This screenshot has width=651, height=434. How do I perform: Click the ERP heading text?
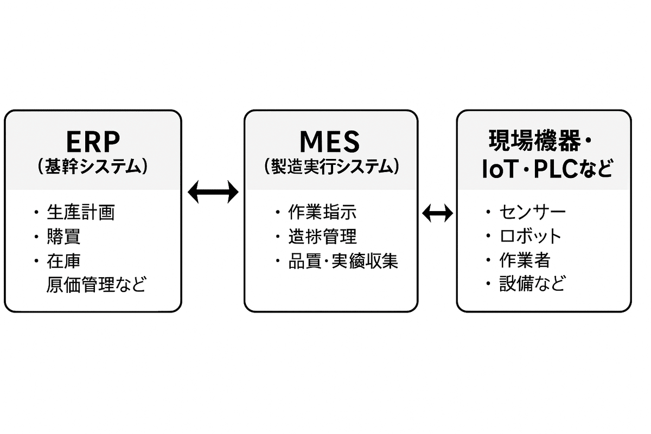point(93,142)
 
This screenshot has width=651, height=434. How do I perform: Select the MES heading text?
point(330,142)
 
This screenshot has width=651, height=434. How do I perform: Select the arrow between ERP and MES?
point(213,192)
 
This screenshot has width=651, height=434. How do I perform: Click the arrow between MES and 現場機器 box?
point(437,213)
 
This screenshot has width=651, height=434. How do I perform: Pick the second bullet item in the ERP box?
point(64,237)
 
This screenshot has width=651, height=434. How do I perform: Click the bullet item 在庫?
point(64,261)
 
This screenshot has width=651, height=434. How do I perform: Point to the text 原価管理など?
point(97,284)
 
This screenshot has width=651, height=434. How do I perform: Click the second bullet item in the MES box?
point(322,237)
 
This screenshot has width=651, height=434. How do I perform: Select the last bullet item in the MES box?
point(343,261)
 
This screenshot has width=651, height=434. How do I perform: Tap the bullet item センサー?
point(532,212)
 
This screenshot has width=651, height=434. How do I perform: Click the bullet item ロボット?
point(530,236)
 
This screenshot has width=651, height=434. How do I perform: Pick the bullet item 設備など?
point(532,284)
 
